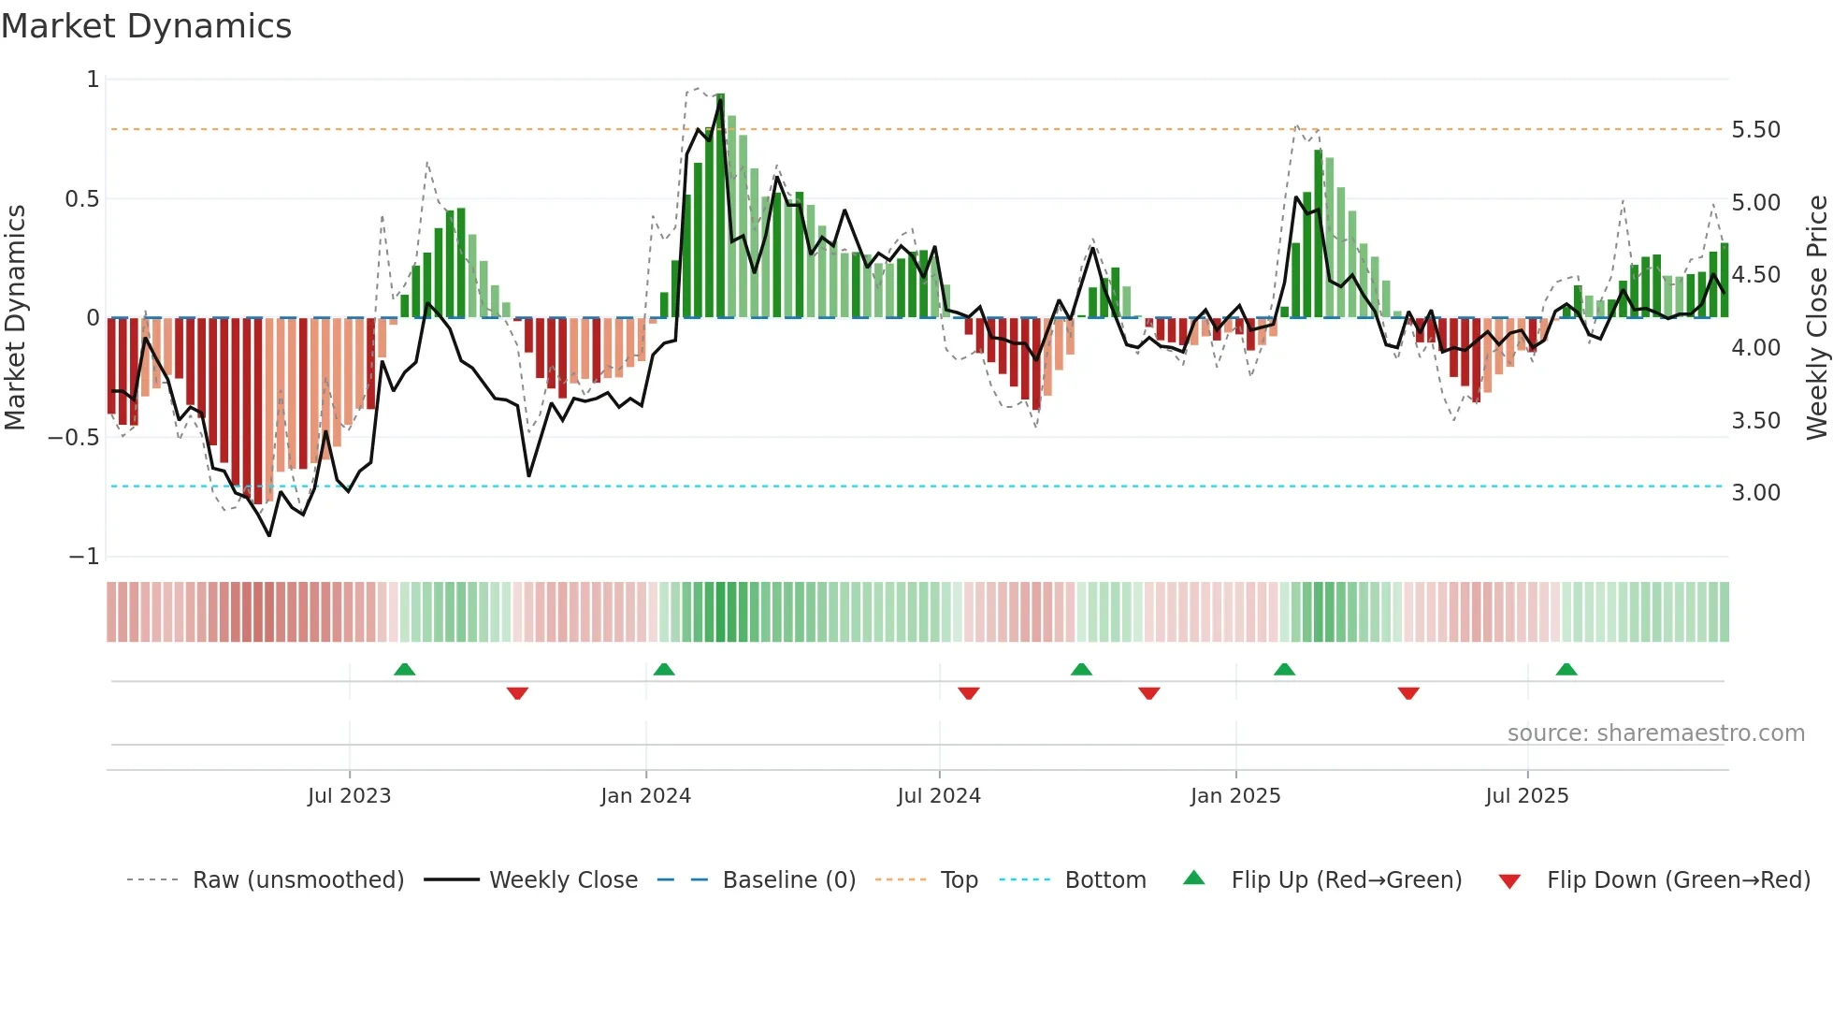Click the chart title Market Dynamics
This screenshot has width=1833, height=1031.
pyautogui.click(x=146, y=26)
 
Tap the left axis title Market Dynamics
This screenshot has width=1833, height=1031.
pyautogui.click(x=15, y=317)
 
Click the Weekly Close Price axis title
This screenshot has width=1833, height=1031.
pyautogui.click(x=1816, y=317)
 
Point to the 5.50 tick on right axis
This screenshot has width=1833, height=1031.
pyautogui.click(x=1755, y=130)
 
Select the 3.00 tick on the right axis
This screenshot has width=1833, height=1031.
pyautogui.click(x=1755, y=493)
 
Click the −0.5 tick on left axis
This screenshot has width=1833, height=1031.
pyautogui.click(x=73, y=438)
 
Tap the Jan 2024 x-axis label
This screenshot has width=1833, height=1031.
pyautogui.click(x=645, y=796)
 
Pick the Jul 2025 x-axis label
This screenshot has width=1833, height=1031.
pyautogui.click(x=1526, y=796)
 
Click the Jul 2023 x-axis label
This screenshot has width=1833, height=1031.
pyautogui.click(x=349, y=796)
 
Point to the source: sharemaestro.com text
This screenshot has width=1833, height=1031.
pyautogui.click(x=1655, y=733)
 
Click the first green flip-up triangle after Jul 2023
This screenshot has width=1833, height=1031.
pyautogui.click(x=404, y=670)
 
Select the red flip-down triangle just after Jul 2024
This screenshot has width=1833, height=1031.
pyautogui.click(x=968, y=693)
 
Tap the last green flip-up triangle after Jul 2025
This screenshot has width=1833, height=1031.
pyautogui.click(x=1566, y=670)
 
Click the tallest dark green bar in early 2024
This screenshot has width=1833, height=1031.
pyautogui.click(x=720, y=206)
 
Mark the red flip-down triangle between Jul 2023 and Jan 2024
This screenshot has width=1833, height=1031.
pyautogui.click(x=517, y=693)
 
